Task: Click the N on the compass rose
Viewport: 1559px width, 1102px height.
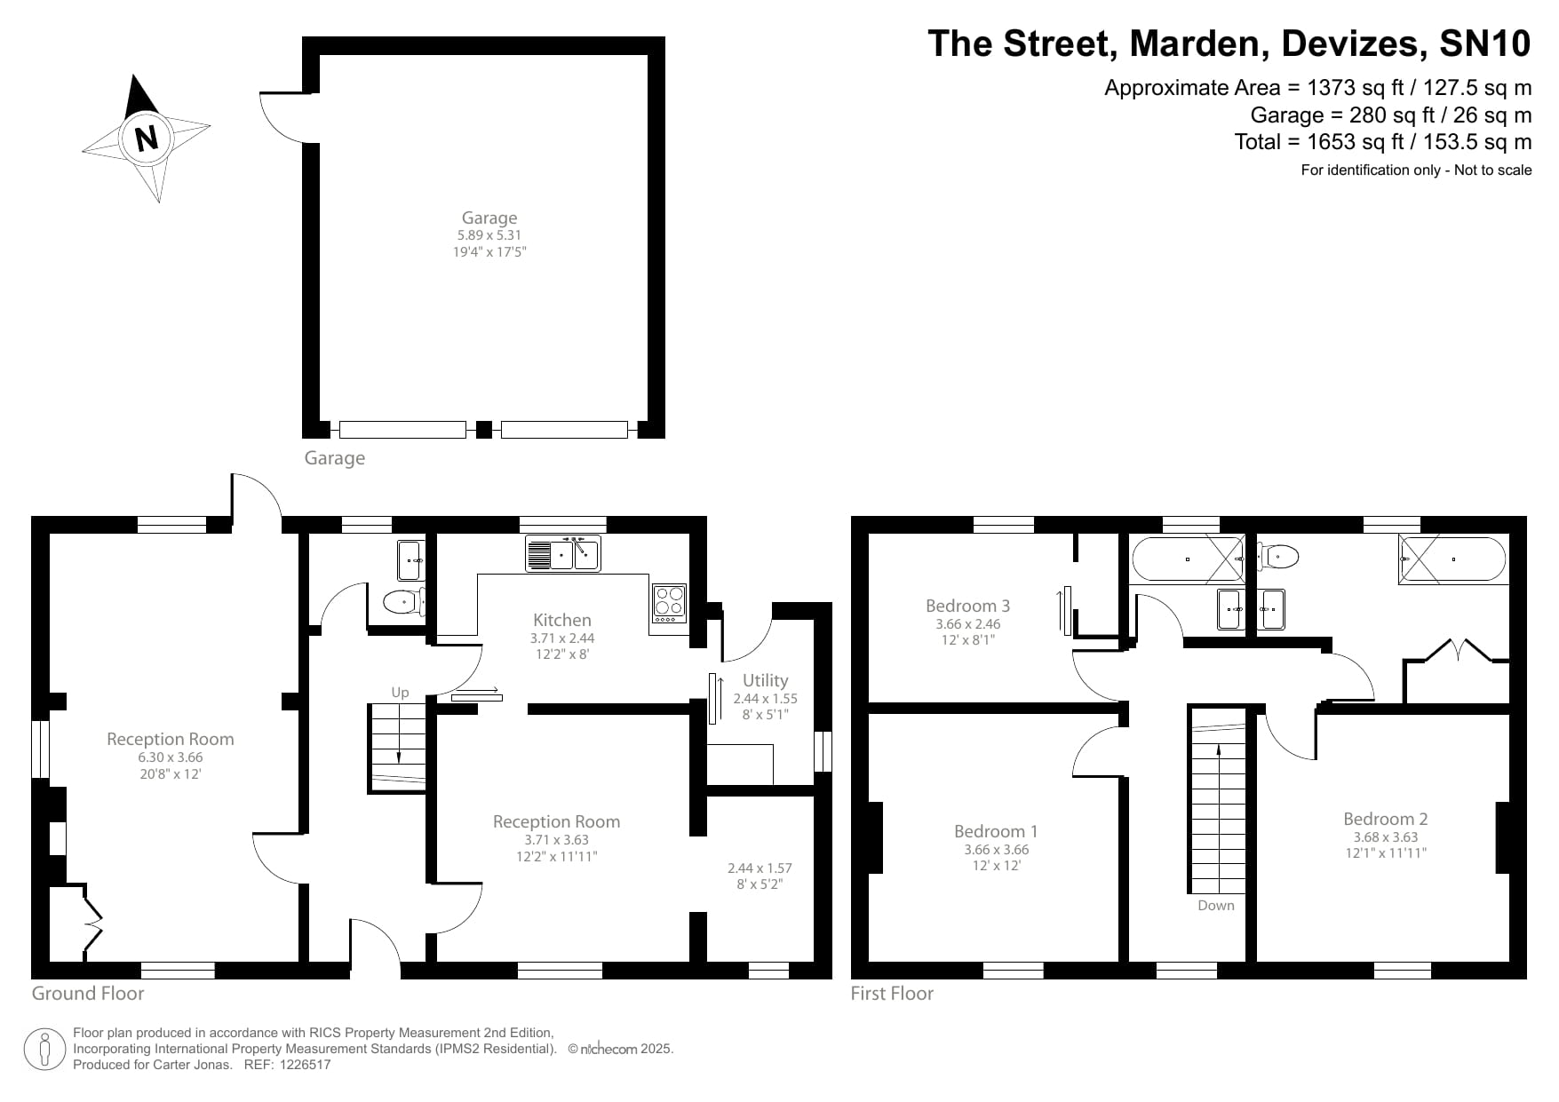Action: point(146,139)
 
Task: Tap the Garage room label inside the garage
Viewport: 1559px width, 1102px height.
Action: point(489,218)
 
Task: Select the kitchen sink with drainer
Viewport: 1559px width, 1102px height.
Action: point(562,553)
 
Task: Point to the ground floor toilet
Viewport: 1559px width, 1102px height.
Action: point(402,603)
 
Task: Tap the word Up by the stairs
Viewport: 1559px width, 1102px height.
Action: point(400,692)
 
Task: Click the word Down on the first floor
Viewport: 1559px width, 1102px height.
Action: point(1215,905)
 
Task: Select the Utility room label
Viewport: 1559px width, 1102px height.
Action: point(765,680)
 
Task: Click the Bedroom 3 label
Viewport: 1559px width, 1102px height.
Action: point(967,606)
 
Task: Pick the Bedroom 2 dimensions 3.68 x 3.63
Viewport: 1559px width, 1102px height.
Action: point(1385,836)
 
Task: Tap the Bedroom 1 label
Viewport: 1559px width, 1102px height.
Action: point(996,831)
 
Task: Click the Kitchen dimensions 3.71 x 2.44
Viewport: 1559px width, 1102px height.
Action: point(562,638)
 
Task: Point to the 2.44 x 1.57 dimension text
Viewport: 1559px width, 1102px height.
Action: point(760,868)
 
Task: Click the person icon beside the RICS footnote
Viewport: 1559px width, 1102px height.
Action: point(44,1050)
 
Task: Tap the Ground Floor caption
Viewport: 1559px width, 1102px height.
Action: point(88,993)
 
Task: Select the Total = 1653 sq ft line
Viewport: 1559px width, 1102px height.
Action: point(1382,142)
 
